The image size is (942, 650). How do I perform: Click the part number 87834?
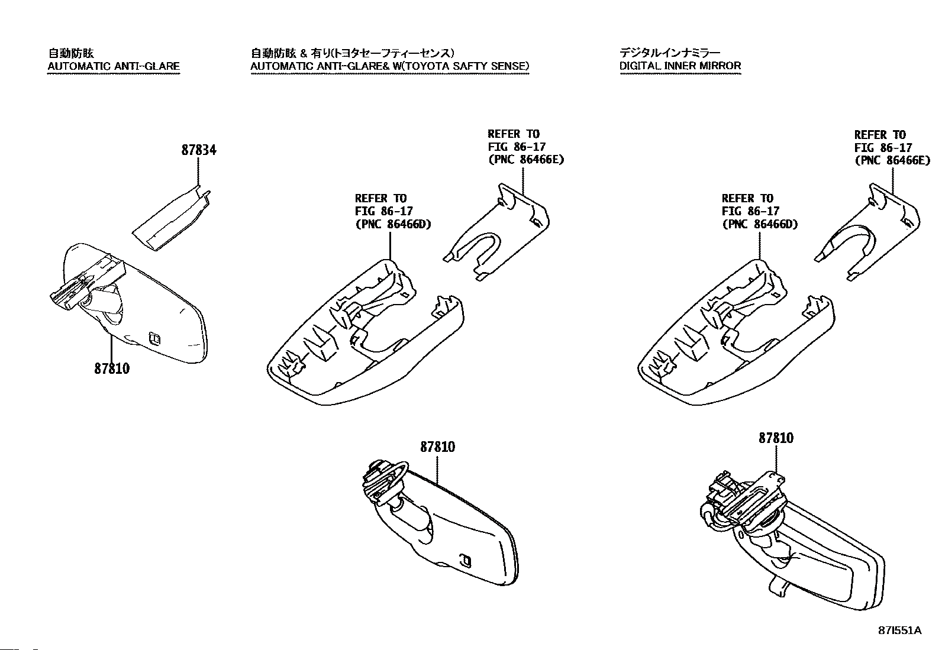(198, 150)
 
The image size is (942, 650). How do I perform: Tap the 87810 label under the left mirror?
(111, 368)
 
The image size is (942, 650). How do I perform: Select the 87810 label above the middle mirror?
(437, 447)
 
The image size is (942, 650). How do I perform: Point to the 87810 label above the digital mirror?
(776, 438)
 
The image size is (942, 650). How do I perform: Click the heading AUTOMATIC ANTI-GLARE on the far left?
(113, 66)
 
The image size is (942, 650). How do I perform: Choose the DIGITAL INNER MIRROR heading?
(680, 66)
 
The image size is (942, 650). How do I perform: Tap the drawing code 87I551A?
(900, 630)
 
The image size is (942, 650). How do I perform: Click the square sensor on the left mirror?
(156, 338)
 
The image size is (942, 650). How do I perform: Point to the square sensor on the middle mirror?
(466, 560)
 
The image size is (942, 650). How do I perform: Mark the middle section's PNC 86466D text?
(393, 224)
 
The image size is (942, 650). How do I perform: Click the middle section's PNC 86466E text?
(525, 160)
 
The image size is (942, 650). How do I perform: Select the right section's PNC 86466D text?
(760, 224)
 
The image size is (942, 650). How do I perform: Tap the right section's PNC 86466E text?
(892, 160)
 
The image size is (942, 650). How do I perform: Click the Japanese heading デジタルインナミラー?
(669, 53)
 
